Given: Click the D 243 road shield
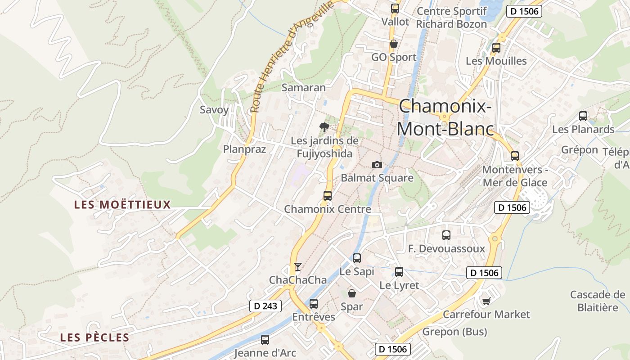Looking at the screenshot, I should (x=265, y=306).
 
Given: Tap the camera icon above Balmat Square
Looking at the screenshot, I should (x=377, y=165).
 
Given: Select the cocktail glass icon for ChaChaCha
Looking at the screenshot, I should (x=297, y=267).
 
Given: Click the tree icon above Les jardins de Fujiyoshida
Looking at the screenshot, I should (x=324, y=127).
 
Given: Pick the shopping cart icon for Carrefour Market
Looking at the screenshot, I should (x=486, y=301).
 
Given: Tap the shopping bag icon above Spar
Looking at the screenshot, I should (x=352, y=293).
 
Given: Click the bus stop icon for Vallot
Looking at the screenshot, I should (x=395, y=8).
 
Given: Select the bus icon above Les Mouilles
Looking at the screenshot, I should (x=496, y=47).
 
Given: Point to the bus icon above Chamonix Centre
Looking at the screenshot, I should (x=328, y=195).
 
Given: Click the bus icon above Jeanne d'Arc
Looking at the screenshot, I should (x=265, y=339).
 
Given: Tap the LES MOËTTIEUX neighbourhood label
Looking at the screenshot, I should (x=122, y=205).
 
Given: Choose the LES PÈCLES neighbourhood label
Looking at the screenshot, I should (x=94, y=337).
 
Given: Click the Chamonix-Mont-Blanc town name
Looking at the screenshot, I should (x=445, y=117).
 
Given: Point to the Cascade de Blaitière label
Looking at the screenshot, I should (x=598, y=301).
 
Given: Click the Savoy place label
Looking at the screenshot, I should (x=214, y=109).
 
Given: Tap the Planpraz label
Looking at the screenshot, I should (x=245, y=149).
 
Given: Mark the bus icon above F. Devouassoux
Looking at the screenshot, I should (x=446, y=235).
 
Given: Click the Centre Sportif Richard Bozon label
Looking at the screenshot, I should (x=451, y=18).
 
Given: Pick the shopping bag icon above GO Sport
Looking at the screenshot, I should (x=394, y=44).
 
